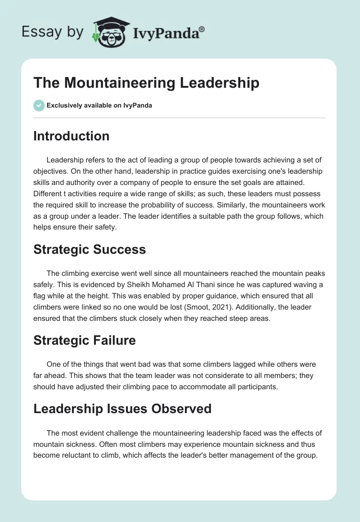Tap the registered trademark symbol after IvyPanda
[202, 30]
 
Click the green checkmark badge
[39, 105]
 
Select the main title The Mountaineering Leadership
[146, 83]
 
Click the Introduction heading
[71, 136]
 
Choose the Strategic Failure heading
[85, 340]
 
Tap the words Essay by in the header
[53, 32]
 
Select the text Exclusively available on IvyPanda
[99, 105]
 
